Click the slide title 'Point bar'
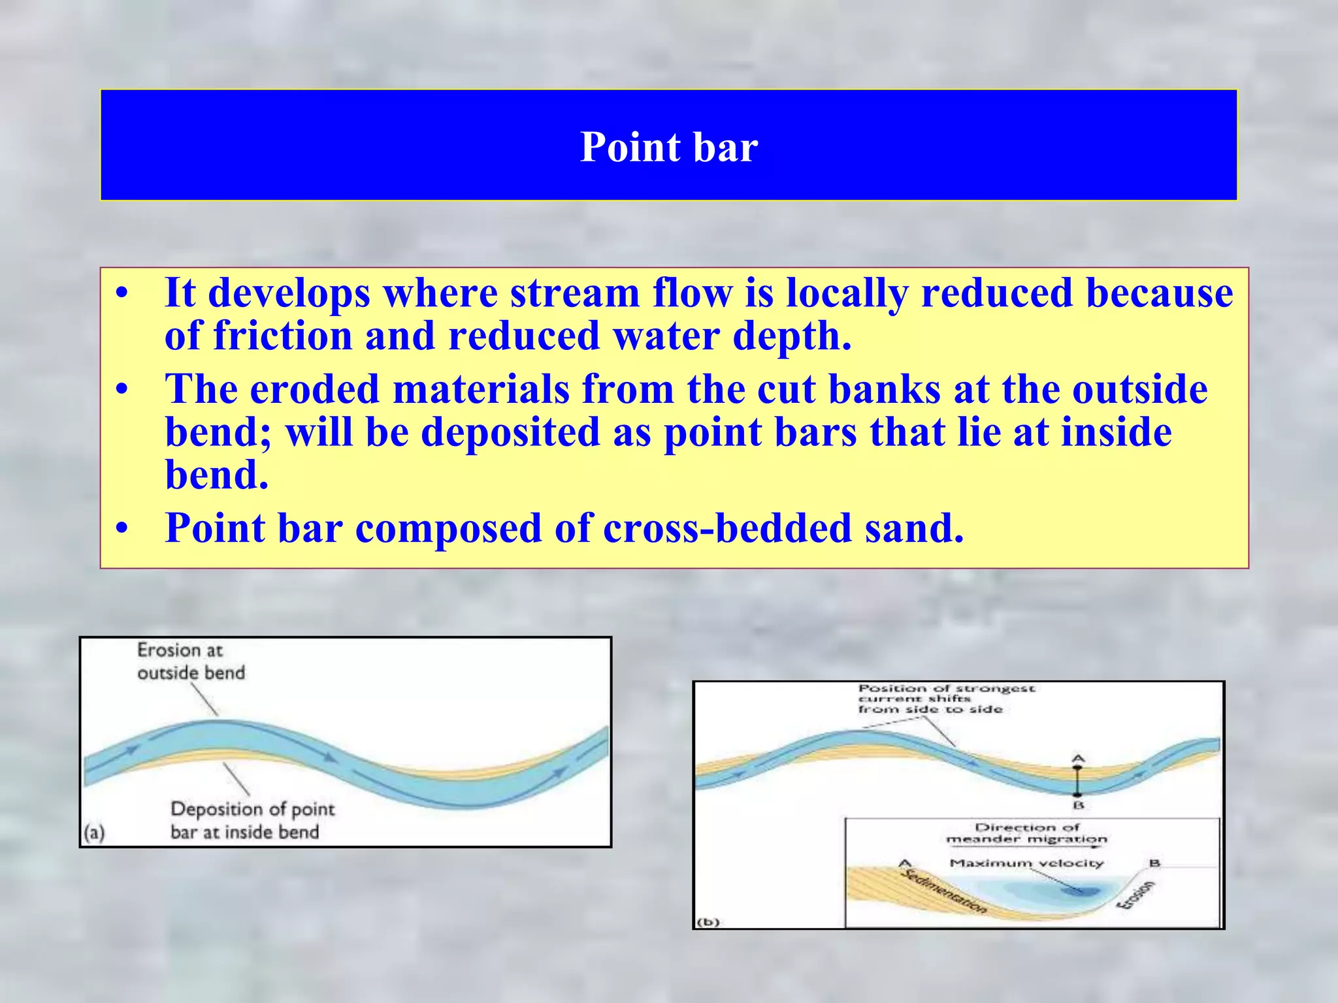click(x=669, y=147)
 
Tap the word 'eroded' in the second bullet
click(x=314, y=389)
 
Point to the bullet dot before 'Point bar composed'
click(x=122, y=530)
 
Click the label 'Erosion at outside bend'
click(x=190, y=661)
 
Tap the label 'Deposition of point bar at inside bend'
click(x=252, y=820)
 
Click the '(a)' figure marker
click(x=94, y=833)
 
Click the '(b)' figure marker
click(x=708, y=922)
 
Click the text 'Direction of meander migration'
click(x=1026, y=833)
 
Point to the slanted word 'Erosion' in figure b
click(x=1137, y=895)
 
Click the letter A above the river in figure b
click(x=1078, y=759)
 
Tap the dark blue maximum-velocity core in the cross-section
click(x=1081, y=889)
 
